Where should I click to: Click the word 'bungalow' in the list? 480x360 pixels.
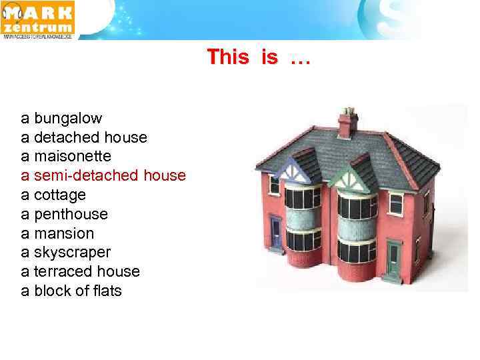pyautogui.click(x=68, y=119)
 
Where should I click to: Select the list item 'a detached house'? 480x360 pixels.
pyautogui.click(x=84, y=138)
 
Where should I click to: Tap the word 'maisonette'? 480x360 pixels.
pyautogui.click(x=73, y=157)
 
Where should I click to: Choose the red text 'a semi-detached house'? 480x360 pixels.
pyautogui.click(x=103, y=176)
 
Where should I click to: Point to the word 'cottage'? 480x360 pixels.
pyautogui.click(x=60, y=195)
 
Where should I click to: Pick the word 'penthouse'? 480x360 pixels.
pyautogui.click(x=71, y=215)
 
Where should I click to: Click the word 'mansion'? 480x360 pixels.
pyautogui.click(x=64, y=234)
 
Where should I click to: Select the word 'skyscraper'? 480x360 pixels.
pyautogui.click(x=72, y=253)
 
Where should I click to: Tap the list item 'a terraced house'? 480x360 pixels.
pyautogui.click(x=81, y=272)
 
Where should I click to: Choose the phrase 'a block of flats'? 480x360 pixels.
pyautogui.click(x=71, y=291)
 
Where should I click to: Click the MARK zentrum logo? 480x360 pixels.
pyautogui.click(x=38, y=19)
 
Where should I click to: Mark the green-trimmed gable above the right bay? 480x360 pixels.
pyautogui.click(x=351, y=174)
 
